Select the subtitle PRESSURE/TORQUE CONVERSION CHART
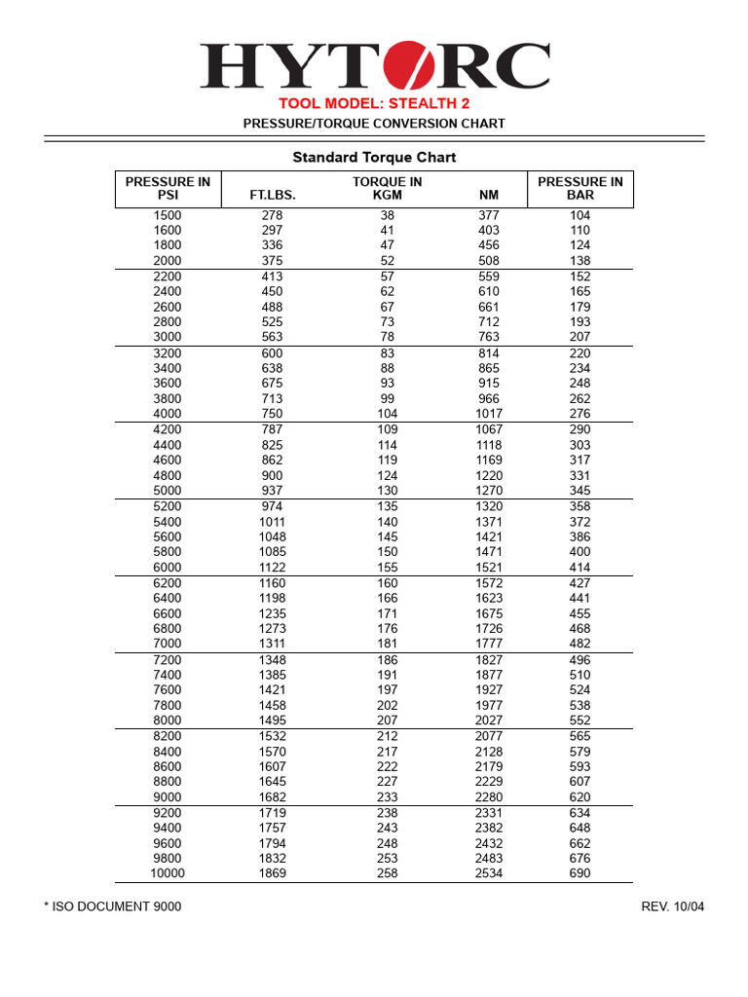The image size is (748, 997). click(374, 124)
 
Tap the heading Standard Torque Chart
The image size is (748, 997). click(374, 158)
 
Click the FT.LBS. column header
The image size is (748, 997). click(273, 195)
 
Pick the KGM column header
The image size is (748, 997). click(388, 195)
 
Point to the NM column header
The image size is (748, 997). click(489, 195)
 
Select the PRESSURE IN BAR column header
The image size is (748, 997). click(580, 188)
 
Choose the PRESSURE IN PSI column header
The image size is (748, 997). click(168, 188)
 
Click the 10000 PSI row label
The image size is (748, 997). click(168, 873)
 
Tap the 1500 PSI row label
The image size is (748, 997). click(168, 215)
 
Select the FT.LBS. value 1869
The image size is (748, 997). click(273, 873)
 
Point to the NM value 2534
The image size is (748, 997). click(489, 873)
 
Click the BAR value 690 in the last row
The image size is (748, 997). click(580, 873)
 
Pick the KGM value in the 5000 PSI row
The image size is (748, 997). click(388, 491)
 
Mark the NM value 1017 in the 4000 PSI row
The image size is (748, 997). click(489, 414)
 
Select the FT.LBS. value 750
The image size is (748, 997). click(273, 414)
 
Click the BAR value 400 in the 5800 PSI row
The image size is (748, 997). click(580, 552)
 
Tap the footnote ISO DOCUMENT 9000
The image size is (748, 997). click(113, 906)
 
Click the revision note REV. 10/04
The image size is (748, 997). click(672, 906)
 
